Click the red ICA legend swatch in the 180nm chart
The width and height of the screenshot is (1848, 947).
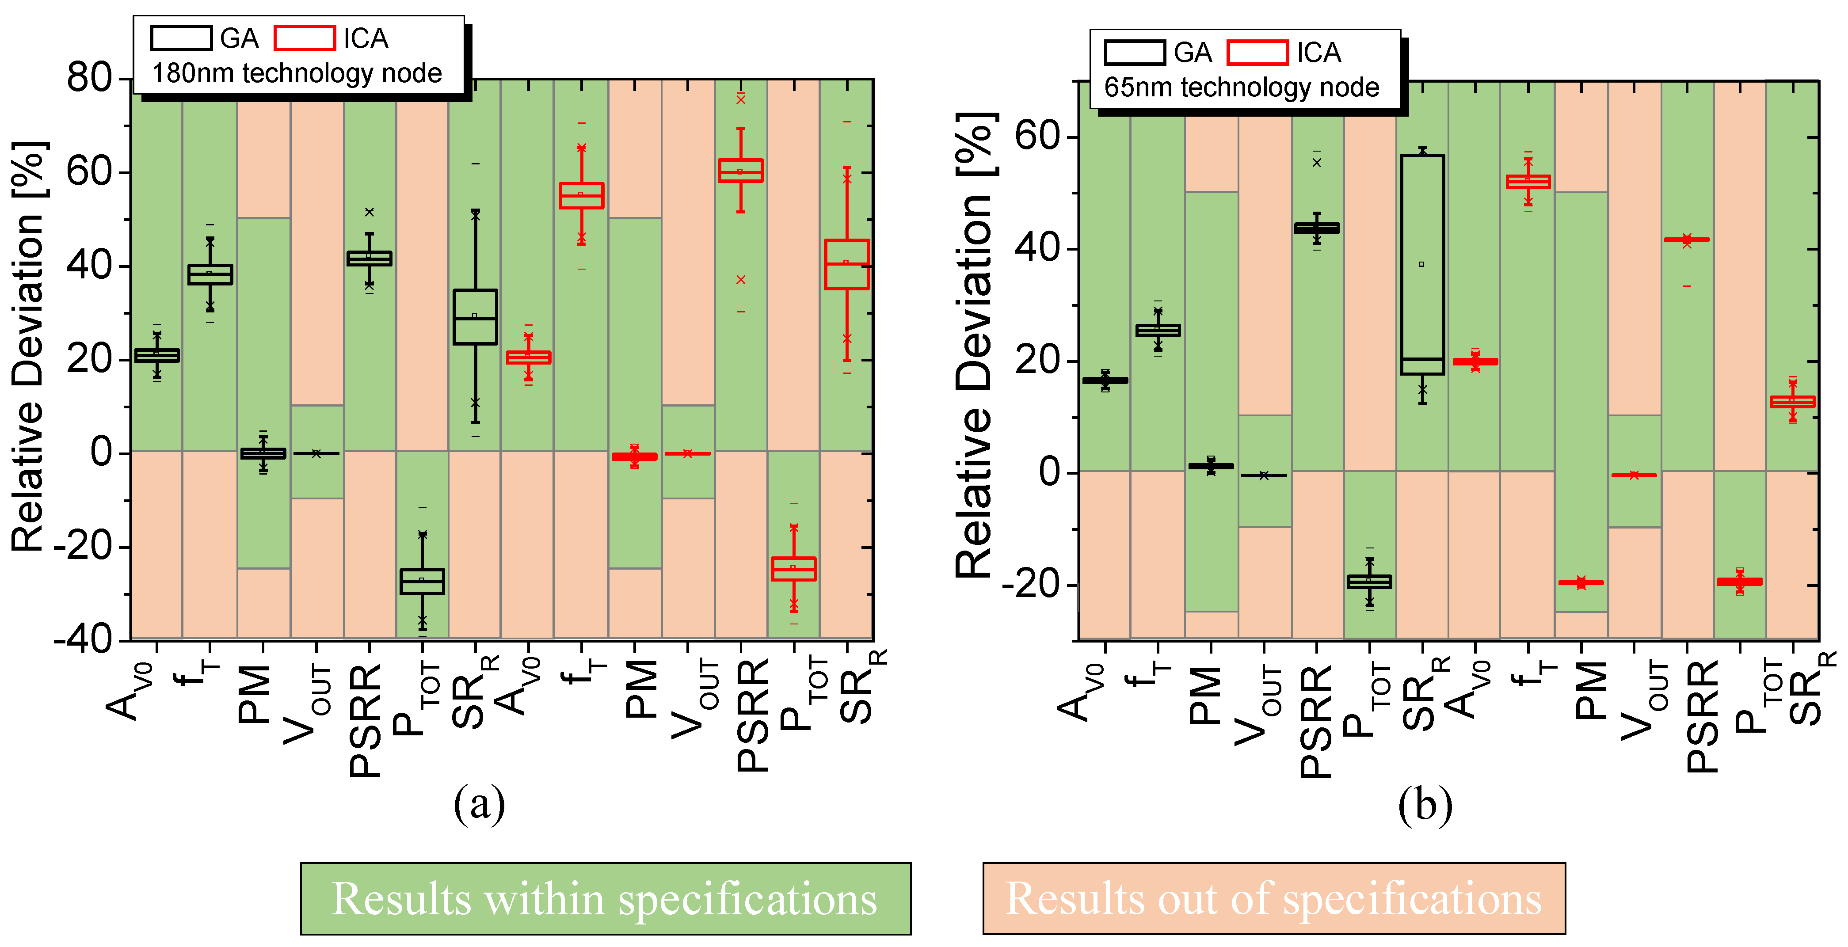[304, 38]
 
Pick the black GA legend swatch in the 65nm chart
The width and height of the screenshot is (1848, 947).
[1134, 53]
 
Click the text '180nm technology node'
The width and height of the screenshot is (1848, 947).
[297, 73]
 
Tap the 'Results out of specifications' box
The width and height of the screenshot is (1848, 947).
[1273, 898]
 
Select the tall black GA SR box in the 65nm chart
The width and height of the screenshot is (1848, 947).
[1422, 264]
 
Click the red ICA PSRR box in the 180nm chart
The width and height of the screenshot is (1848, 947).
[740, 171]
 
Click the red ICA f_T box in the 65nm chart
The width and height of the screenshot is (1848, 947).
[1528, 182]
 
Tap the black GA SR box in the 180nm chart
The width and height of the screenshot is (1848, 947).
[475, 316]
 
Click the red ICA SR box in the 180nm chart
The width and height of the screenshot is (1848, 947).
[846, 264]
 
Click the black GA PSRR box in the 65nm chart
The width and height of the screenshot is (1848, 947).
[1316, 228]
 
